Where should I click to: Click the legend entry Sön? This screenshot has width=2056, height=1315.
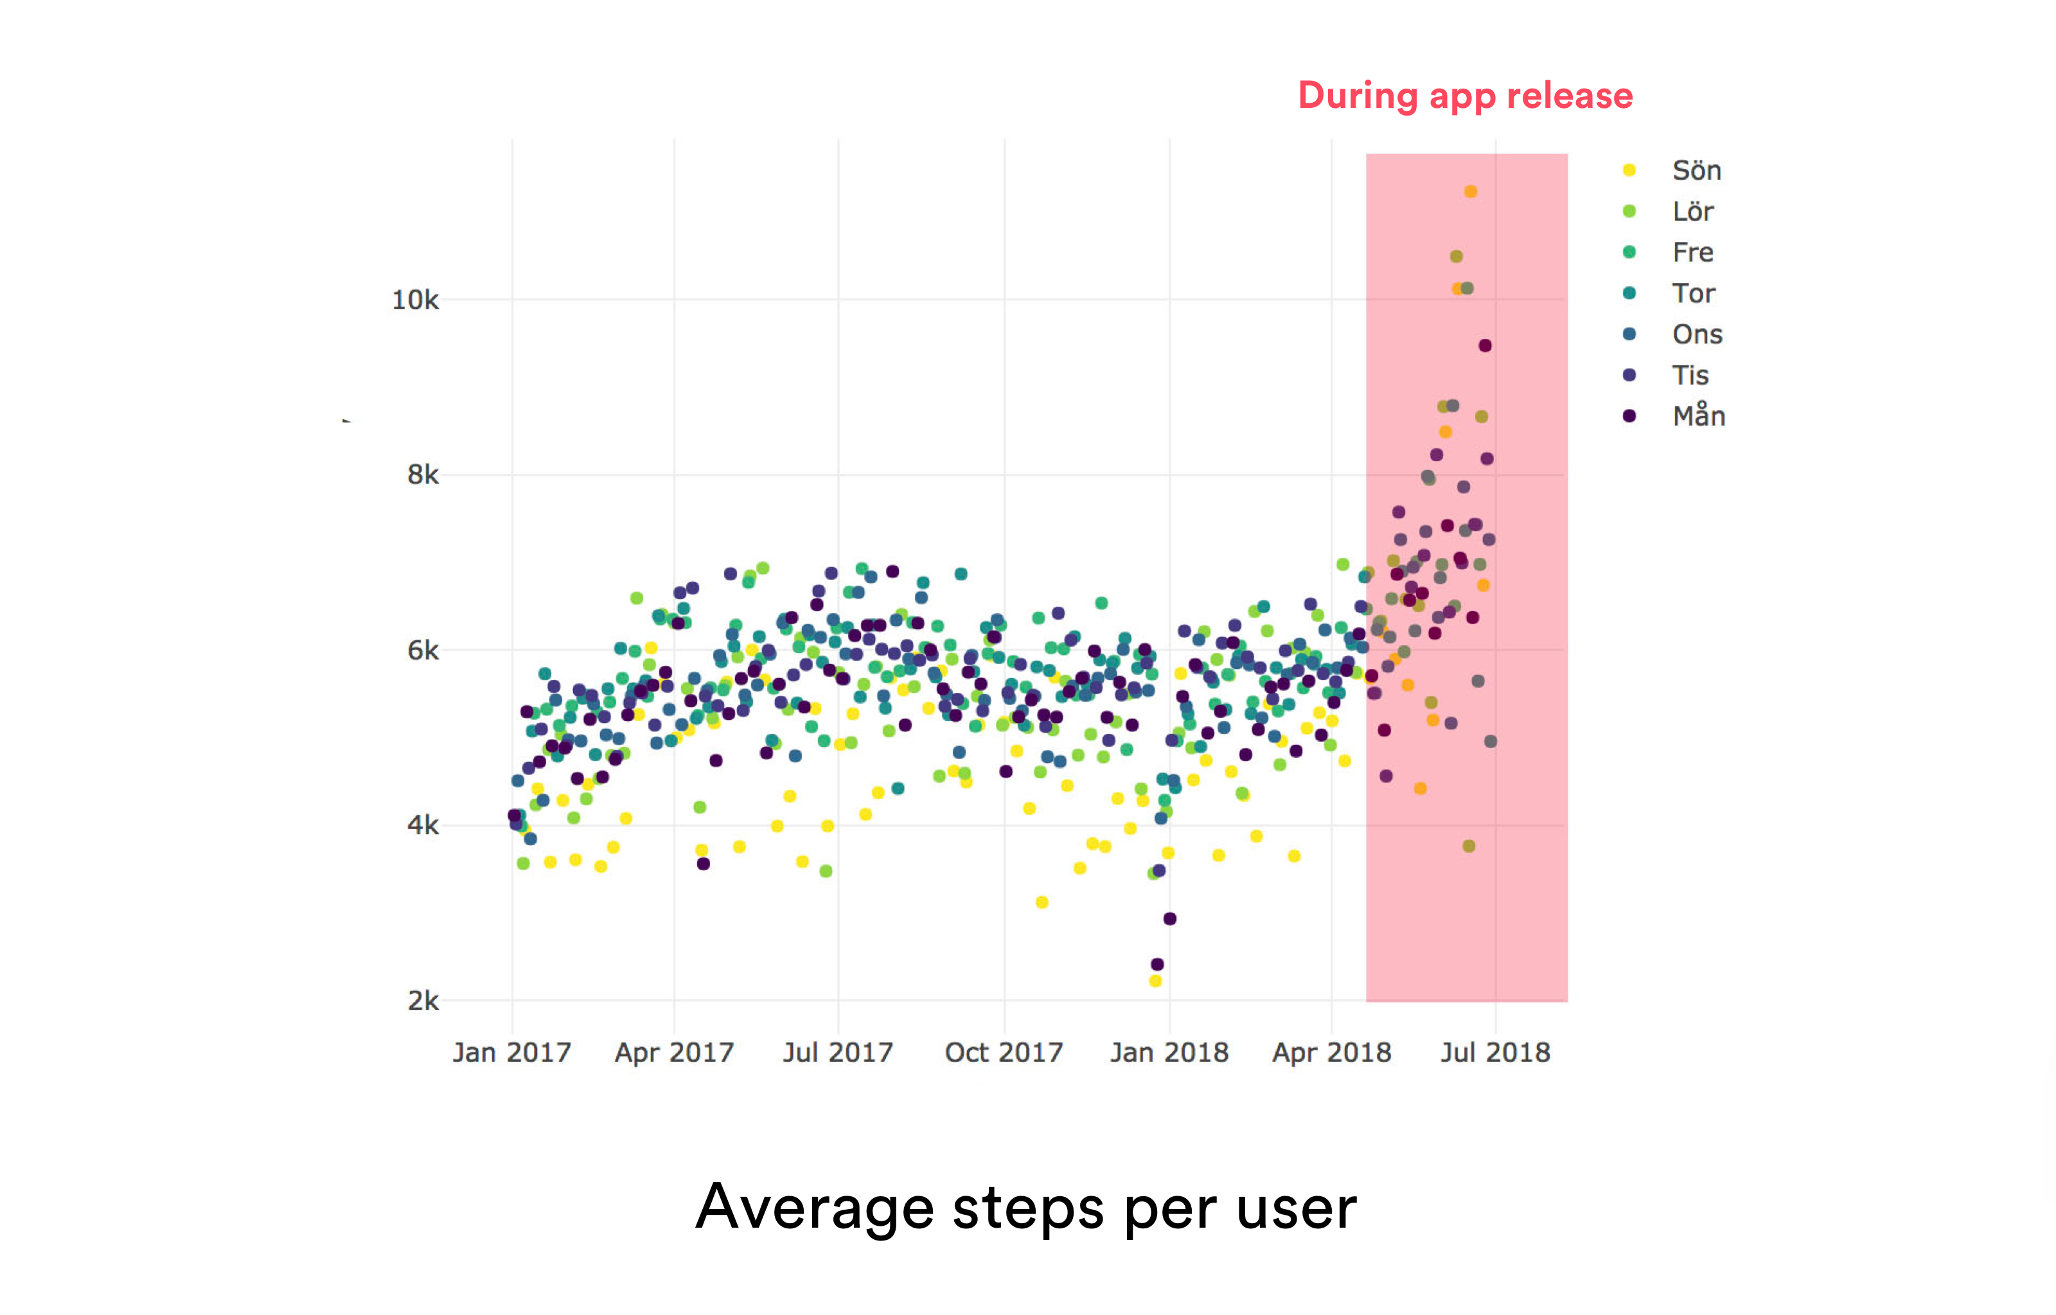pos(1696,171)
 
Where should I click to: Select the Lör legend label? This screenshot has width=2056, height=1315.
pos(1692,212)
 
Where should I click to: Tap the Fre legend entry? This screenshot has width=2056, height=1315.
pos(1692,253)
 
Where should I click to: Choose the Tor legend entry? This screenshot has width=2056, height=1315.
pos(1693,293)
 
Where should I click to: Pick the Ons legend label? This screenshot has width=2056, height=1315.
pos(1696,335)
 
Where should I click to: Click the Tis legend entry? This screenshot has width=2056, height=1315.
pos(1690,376)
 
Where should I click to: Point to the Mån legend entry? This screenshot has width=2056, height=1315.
pos(1698,417)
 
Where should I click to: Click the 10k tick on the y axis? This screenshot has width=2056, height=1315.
pos(415,300)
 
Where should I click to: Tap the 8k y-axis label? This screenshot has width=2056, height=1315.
pos(423,476)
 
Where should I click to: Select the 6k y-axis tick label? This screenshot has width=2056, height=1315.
pos(423,652)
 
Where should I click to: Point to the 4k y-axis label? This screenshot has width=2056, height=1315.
pos(423,826)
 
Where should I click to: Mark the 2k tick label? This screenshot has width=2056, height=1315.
pos(423,1001)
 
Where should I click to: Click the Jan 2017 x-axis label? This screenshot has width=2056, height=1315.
pos(511,1053)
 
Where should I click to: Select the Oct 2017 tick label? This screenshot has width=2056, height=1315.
pos(1004,1053)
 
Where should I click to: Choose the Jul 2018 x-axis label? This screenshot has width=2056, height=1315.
pos(1495,1053)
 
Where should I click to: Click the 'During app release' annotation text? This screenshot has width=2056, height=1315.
pos(1465,96)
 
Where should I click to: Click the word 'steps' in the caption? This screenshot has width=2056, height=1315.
pos(1027,1208)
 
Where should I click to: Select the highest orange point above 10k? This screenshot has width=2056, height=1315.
pos(1470,192)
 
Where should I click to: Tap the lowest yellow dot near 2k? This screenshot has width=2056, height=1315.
pos(1155,981)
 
